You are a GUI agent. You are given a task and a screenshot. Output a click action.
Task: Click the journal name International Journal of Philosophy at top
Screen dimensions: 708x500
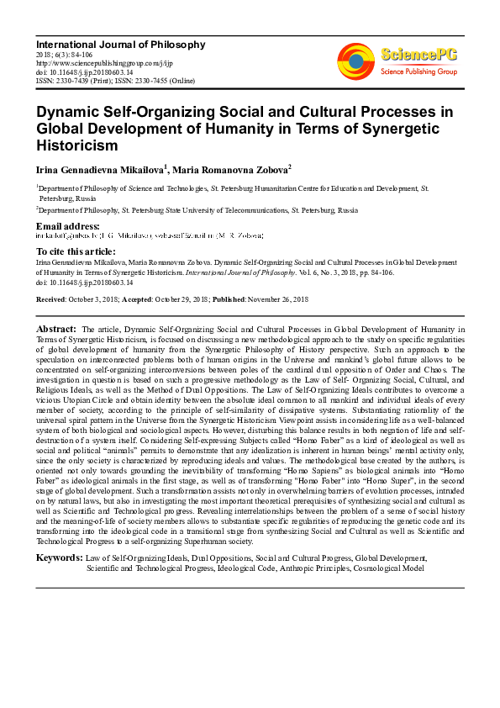tap(120, 44)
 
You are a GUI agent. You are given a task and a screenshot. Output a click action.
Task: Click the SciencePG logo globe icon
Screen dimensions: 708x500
tap(355, 60)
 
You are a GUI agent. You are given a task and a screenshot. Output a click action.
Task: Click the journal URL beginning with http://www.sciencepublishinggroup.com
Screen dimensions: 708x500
tap(102, 63)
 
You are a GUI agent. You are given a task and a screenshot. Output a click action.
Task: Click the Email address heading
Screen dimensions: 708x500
tap(68, 227)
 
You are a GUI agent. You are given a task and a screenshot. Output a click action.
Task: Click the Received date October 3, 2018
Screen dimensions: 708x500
tap(100, 300)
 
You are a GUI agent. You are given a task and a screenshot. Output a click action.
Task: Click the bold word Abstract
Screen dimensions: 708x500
tap(56, 329)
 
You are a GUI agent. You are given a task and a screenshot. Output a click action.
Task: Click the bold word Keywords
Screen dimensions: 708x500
tap(60, 557)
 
